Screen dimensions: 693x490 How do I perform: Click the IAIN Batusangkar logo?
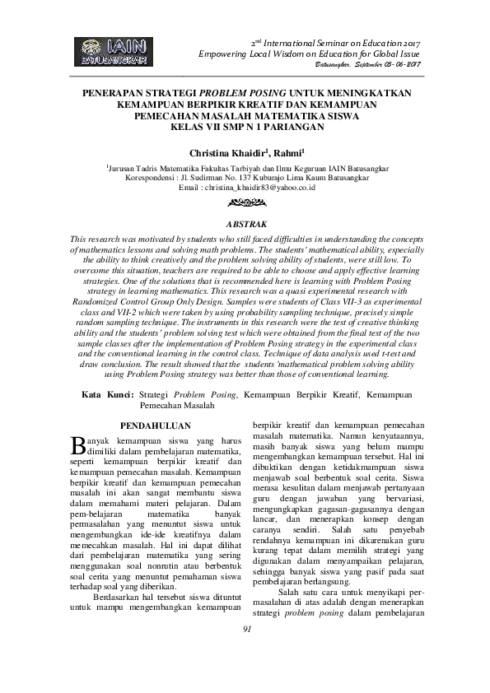pos(114,51)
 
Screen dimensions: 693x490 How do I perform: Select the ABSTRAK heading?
pos(245,223)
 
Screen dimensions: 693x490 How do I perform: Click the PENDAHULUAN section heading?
pos(156,426)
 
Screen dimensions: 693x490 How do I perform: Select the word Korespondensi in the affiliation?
pos(152,176)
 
